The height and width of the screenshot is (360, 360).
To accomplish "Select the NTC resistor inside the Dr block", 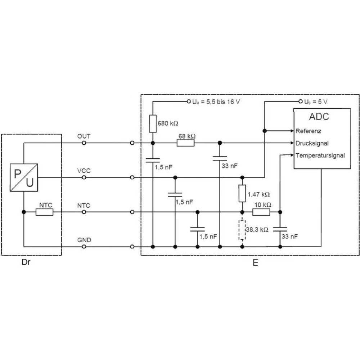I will click(44, 212).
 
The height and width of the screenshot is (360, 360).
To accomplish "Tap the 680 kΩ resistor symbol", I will click(153, 123).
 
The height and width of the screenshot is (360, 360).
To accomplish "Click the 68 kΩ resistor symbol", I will click(186, 143).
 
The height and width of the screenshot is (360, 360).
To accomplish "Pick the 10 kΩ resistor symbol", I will click(261, 212).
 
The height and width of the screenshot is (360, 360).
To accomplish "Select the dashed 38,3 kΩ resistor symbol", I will click(242, 230).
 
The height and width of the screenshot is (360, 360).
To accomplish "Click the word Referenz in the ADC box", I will click(308, 131).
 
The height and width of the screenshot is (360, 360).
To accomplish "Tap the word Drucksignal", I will click(312, 143).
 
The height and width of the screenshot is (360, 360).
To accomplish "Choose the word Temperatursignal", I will click(320, 156).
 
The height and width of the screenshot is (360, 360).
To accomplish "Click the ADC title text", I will click(319, 117).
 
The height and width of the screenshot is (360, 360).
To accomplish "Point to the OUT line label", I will click(84, 136).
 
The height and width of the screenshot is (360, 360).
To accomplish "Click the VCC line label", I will click(84, 171).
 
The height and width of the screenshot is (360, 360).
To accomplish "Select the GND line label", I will click(84, 240).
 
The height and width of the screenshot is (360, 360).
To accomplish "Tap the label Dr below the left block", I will click(26, 262).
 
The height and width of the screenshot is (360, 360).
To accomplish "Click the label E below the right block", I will click(255, 263).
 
